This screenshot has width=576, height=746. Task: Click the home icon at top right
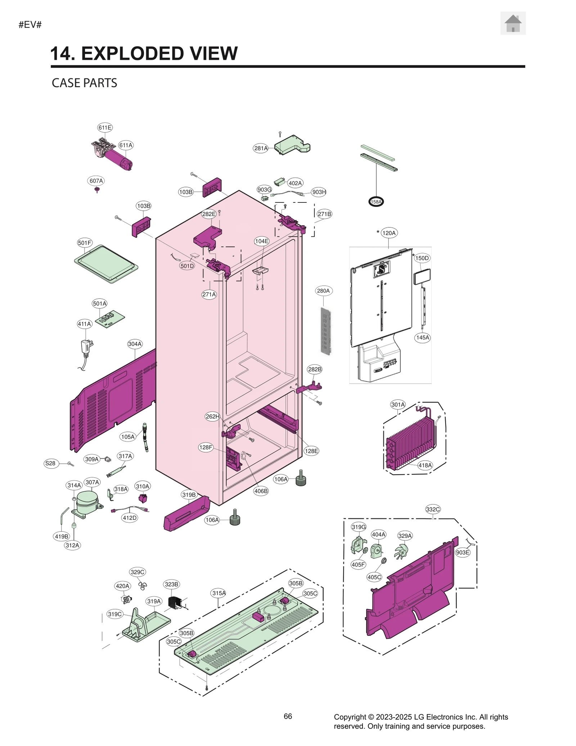[x=513, y=23]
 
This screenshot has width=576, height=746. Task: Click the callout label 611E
[x=105, y=128]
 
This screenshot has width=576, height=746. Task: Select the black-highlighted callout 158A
[x=376, y=202]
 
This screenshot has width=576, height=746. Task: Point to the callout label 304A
[x=135, y=344]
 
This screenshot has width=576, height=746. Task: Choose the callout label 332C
[x=433, y=509]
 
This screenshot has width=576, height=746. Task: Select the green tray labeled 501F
[x=106, y=264]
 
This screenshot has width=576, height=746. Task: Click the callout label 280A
[x=323, y=291]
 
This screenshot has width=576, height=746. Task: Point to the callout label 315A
[x=219, y=593]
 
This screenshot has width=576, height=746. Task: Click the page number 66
[x=288, y=716]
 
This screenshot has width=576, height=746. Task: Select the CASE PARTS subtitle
[x=84, y=83]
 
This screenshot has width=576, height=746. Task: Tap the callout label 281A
[x=261, y=148]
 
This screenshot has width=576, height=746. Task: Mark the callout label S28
[x=50, y=463]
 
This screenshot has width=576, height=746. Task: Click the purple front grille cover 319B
[x=187, y=513]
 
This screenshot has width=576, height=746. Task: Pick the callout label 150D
[x=422, y=258]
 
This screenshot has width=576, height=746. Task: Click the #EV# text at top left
[x=30, y=25]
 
